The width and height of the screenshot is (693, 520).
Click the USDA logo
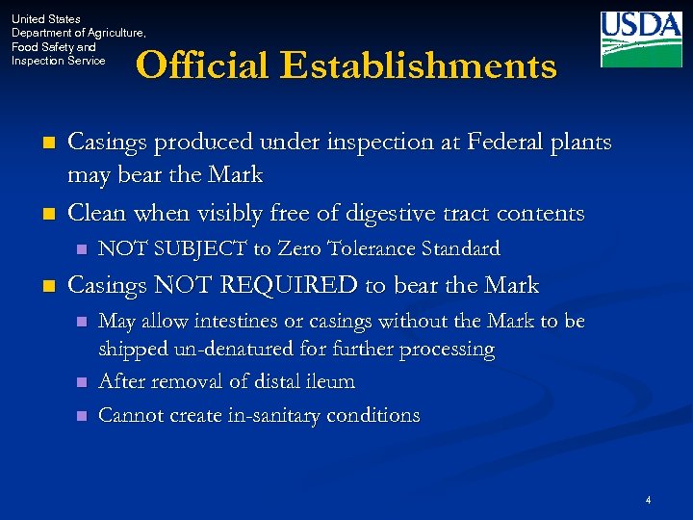pos(641,39)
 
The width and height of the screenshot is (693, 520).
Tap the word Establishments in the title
pos(420,65)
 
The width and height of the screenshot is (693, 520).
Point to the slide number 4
pos(649,500)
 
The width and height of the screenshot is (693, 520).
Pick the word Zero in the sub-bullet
pos(300,249)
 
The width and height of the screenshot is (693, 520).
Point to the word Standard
pos(460,249)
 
